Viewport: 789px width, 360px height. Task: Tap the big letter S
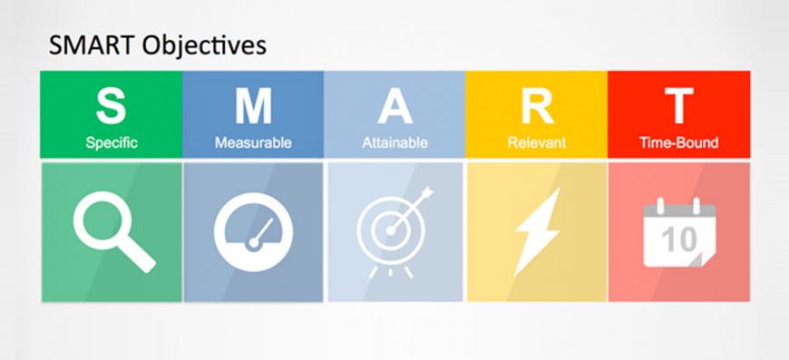point(112,105)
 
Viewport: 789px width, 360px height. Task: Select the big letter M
point(253,105)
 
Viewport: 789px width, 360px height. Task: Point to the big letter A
point(394,105)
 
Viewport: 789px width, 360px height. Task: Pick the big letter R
point(536,105)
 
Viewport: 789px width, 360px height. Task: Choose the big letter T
point(678,105)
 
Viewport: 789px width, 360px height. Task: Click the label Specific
point(112,142)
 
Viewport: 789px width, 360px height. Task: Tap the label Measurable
point(253,142)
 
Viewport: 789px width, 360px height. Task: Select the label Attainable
point(394,142)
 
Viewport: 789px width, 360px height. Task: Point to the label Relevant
point(536,142)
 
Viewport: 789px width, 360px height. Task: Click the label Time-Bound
point(678,142)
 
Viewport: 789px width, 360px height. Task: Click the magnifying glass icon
point(107,228)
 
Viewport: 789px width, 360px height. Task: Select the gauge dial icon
point(253,233)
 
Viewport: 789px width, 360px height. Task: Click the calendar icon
point(679,234)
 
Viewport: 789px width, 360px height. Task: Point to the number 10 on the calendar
point(678,239)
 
